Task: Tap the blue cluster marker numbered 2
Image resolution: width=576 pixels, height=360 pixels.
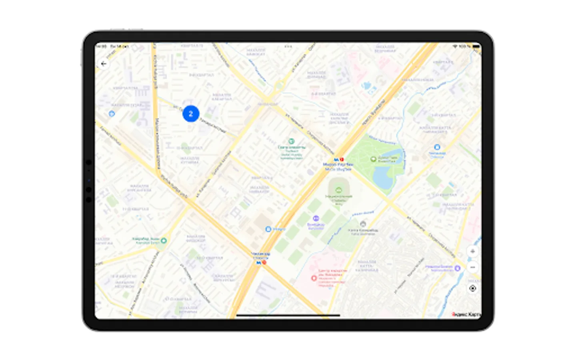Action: coord(191,114)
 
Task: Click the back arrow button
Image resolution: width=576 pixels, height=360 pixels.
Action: coord(104,64)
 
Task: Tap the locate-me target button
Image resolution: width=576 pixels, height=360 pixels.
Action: coord(472,288)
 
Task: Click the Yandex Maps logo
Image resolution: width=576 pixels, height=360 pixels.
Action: coord(466,314)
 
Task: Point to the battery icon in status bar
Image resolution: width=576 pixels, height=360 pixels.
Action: coord(476,46)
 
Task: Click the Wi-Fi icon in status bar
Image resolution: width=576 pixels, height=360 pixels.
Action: coord(455,46)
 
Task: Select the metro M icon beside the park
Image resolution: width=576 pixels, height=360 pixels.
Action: coord(336,160)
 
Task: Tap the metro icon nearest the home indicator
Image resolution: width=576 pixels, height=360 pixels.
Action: coord(258,263)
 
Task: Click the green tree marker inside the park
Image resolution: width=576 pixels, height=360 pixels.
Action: coord(373,159)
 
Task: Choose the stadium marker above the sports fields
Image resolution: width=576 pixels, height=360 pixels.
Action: coord(339,190)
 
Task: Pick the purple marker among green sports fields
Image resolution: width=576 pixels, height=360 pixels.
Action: coord(316,218)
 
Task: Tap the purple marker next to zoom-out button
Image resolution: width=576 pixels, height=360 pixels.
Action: coord(458,268)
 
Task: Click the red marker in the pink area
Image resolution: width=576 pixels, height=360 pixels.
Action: coord(314,278)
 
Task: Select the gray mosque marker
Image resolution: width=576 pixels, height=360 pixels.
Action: coord(363,224)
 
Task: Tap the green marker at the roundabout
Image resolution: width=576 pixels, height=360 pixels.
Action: coord(163,240)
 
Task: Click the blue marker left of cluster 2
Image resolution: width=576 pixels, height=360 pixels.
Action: coord(112,114)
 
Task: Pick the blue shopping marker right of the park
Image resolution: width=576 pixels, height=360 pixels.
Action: coord(437,147)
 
